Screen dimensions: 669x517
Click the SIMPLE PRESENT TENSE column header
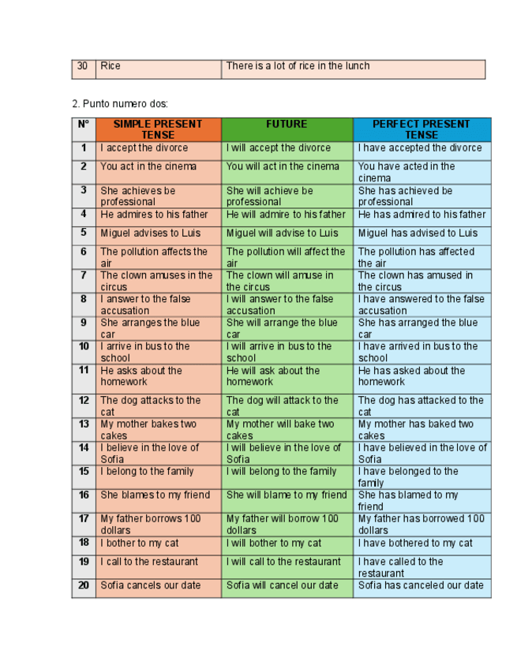[158, 129]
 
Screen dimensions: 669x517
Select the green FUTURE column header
[287, 125]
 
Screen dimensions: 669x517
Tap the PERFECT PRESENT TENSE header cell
[421, 129]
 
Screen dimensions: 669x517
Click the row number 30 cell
[83, 66]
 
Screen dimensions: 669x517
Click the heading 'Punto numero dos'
[120, 103]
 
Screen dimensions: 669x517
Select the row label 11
[84, 371]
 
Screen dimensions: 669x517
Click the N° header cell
[84, 125]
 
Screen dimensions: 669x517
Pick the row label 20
[84, 586]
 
